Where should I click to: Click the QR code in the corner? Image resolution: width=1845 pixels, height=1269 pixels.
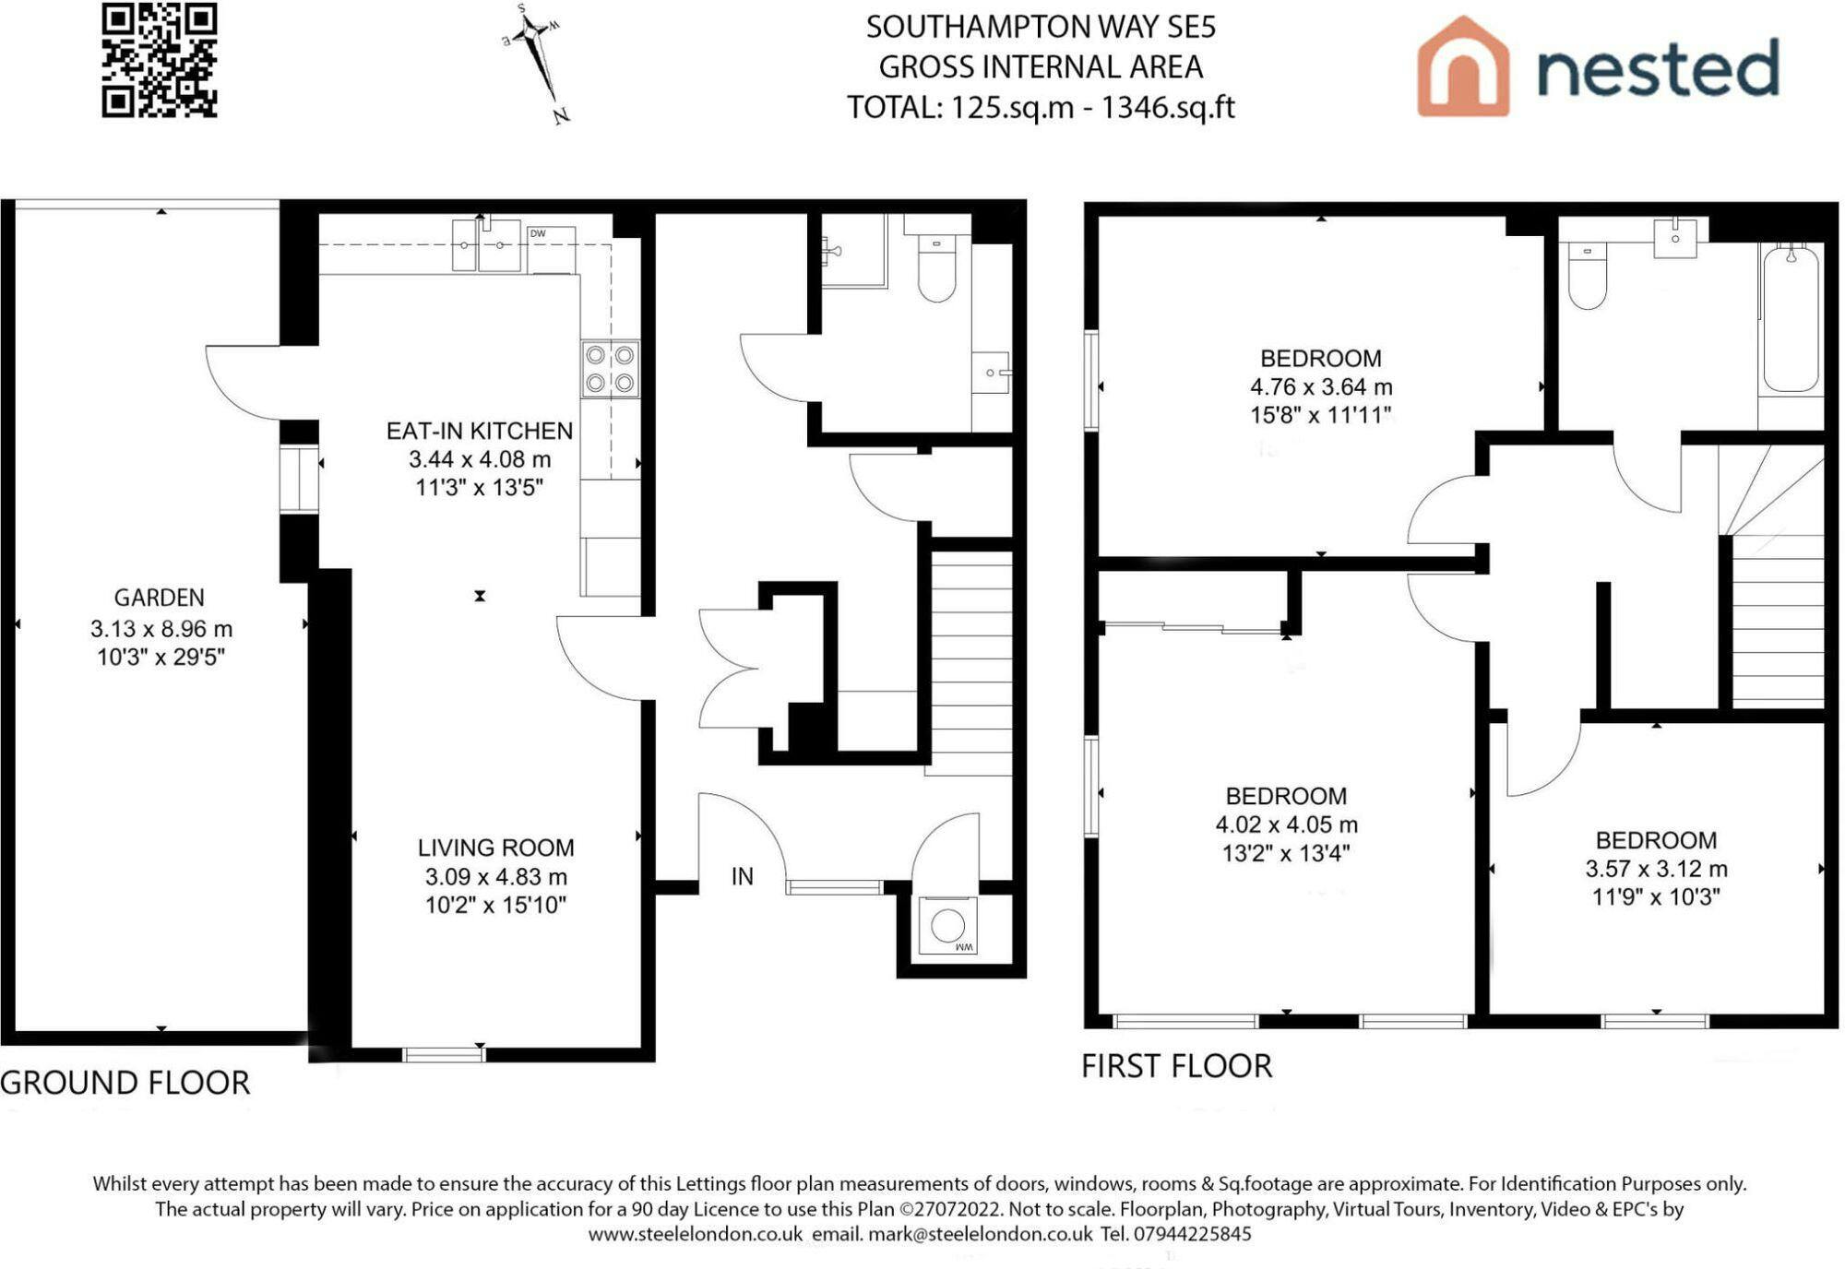click(x=160, y=61)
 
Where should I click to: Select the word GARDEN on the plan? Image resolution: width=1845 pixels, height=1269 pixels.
click(x=160, y=598)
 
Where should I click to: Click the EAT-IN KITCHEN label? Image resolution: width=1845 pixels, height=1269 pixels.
click(x=480, y=431)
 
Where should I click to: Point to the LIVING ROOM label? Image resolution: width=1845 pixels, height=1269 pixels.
click(x=496, y=848)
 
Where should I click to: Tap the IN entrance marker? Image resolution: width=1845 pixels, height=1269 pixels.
click(x=743, y=876)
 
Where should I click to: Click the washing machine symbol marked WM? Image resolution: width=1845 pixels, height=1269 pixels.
click(x=947, y=925)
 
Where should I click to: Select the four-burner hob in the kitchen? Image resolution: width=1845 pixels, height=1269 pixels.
click(x=610, y=369)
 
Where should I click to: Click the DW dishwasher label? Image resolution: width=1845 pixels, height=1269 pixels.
click(x=538, y=233)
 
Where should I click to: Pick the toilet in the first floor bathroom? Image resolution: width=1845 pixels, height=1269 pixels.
click(x=1587, y=275)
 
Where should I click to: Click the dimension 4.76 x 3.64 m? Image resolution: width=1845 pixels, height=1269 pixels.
click(x=1321, y=387)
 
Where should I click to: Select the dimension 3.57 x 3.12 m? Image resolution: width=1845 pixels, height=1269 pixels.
click(x=1657, y=869)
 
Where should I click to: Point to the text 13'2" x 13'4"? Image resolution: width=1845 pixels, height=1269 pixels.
click(x=1286, y=854)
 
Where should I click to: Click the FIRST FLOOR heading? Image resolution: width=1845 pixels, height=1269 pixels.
click(x=1176, y=1066)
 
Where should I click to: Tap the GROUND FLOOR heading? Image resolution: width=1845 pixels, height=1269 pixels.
click(x=125, y=1083)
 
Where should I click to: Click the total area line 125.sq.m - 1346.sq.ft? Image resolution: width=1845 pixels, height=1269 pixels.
click(x=1041, y=108)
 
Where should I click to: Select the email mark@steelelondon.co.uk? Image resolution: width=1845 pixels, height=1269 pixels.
click(x=980, y=1234)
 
